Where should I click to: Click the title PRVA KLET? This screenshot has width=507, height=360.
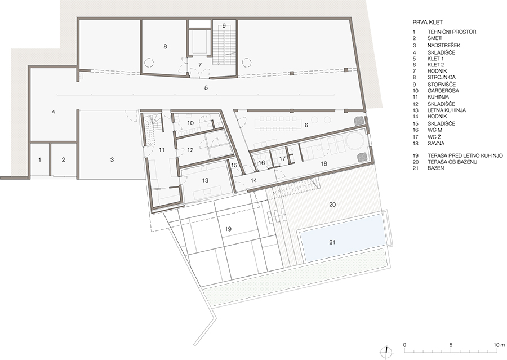[x=428, y=23]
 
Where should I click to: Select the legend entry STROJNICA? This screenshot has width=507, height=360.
[x=441, y=77]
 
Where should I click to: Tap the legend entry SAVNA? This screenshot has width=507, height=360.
[x=436, y=143]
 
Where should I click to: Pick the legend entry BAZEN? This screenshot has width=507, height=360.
[x=435, y=168]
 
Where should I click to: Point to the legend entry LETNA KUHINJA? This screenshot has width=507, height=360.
[x=447, y=110]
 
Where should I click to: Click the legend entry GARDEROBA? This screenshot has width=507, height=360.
[x=443, y=91]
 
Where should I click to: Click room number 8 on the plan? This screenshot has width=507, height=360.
[x=165, y=46]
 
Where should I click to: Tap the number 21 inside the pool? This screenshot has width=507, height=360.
[x=332, y=242]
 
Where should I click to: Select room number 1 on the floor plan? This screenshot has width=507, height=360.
[x=40, y=159]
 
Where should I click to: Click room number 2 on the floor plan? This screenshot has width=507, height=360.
[x=63, y=159]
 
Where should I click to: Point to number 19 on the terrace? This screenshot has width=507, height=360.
[x=228, y=229]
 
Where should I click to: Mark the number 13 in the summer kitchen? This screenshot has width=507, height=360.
[x=205, y=180]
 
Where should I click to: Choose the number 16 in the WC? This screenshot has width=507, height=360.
[x=261, y=163]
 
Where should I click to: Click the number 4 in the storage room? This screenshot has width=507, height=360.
[x=53, y=112]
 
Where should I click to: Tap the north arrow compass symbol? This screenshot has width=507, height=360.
[x=386, y=352]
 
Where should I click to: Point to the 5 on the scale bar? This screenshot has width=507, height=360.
[x=451, y=345]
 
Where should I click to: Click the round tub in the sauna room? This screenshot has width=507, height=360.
[x=355, y=141]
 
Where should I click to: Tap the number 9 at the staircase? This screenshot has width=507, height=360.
[x=224, y=26]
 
